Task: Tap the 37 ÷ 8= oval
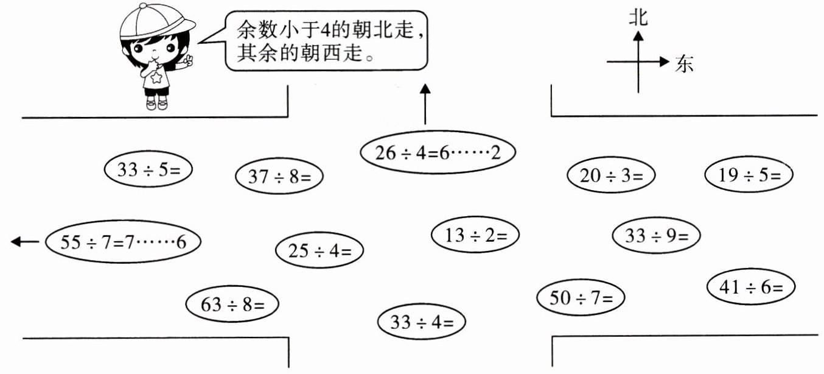[279, 177]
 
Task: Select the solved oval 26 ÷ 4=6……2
[438, 153]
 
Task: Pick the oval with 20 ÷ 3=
[610, 176]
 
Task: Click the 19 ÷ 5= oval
[749, 175]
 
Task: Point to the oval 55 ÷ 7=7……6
[123, 242]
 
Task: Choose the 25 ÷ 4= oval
[319, 250]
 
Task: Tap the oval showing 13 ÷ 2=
[475, 235]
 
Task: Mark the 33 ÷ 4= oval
[421, 322]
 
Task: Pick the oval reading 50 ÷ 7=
[581, 298]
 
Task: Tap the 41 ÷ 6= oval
[752, 286]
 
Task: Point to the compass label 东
[685, 63]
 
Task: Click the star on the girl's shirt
[157, 78]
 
